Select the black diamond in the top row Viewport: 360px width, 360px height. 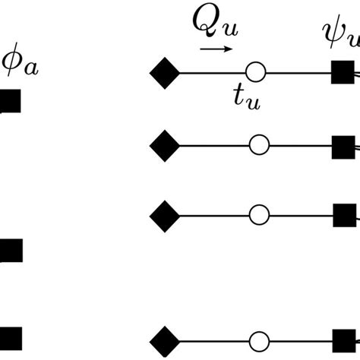coord(165,74)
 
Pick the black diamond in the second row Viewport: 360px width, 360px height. coord(165,144)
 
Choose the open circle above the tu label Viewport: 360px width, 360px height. coord(259,74)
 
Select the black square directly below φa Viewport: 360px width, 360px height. coord(10,101)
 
